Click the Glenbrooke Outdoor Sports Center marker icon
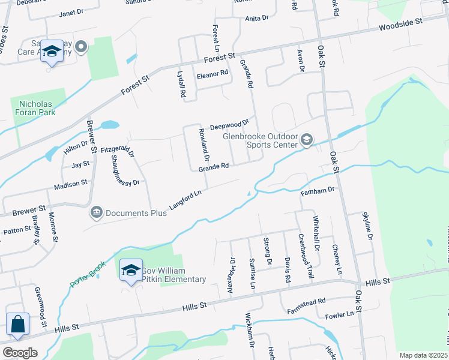coord(307,140)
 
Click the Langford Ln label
coord(185,200)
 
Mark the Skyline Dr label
coord(367,226)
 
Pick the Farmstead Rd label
coord(306,303)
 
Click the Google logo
coord(20,353)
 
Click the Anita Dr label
coord(257,19)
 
